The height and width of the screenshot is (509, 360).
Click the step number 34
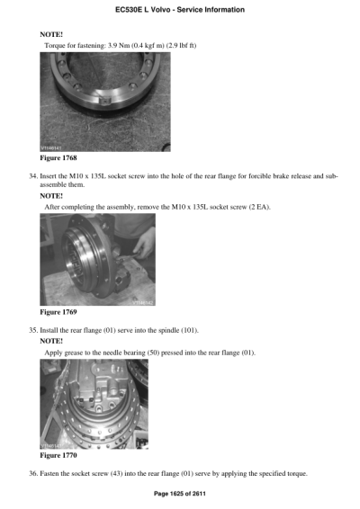click(x=34, y=175)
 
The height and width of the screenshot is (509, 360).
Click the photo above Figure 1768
click(x=105, y=100)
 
